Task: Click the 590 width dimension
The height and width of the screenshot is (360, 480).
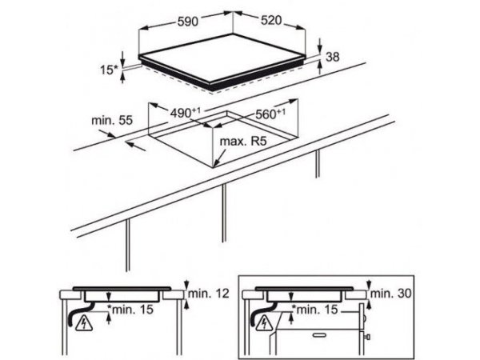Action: coord(188,22)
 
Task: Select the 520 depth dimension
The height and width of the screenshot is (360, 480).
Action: coord(271,20)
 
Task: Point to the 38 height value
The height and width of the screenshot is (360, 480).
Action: coord(333,57)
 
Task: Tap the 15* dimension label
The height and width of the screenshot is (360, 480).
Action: coord(109,70)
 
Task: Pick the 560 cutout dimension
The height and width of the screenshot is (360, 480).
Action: coord(270,114)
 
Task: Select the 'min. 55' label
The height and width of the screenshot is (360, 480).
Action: coord(112,120)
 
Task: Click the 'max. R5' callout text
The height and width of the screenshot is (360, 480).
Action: coord(243,141)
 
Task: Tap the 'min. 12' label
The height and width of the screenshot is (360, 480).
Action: coord(209,294)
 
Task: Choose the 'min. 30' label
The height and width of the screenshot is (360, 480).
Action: coord(391,294)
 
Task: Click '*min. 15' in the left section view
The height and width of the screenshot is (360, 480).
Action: coord(130,309)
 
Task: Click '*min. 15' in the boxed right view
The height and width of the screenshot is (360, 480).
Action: coord(315,309)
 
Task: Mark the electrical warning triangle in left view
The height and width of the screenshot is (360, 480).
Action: coord(84,324)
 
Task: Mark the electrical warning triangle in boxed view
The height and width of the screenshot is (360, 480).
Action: coord(265,324)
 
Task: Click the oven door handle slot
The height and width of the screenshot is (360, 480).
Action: coord(320,335)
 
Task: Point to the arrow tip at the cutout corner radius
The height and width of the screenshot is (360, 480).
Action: coord(214,166)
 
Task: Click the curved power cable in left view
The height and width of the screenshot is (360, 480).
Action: coord(79,314)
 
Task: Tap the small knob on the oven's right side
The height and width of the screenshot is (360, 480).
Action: coord(368,337)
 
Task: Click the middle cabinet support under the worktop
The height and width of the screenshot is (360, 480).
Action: coord(224,213)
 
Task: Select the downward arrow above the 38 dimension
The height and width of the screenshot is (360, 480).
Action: coord(320,46)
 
